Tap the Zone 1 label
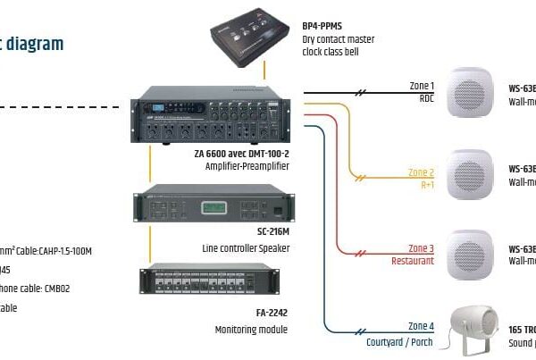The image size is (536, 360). pos(422,85)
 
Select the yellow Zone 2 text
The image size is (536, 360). pos(421,172)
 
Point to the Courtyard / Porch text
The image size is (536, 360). pos(400,341)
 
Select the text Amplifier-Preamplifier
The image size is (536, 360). pos(245,166)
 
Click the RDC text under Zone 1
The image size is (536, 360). pos(426,98)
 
